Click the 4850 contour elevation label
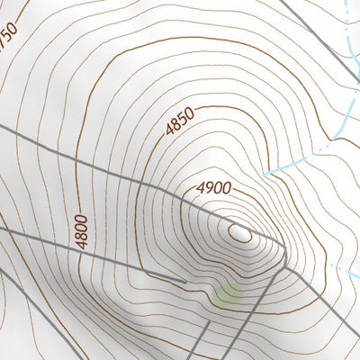pos(180,122)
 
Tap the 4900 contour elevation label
pos(214,189)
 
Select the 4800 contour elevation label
pos(82,233)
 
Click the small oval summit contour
pos(239,233)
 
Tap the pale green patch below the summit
pos(228,292)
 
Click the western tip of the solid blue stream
pos(263,171)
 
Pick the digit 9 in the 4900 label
pos(207,191)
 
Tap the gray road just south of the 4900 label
pos(207,209)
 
